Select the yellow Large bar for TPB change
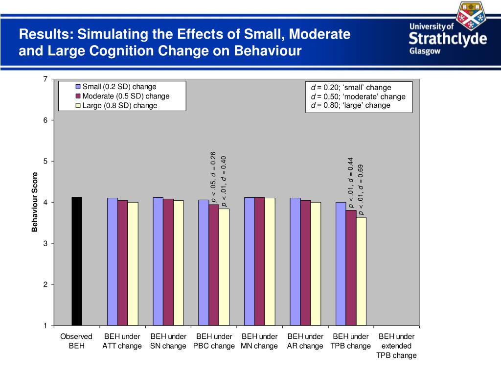coord(361,271)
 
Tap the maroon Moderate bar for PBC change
coord(214,265)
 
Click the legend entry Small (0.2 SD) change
coord(119,87)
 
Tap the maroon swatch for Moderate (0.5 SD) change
coord(78,96)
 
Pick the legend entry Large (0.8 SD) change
coord(119,105)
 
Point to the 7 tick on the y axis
coord(45,79)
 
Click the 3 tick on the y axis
coord(45,243)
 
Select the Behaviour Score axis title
coord(35,202)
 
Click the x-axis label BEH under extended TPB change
coord(396,346)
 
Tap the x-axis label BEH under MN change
coord(259,341)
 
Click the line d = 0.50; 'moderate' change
coord(358,96)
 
